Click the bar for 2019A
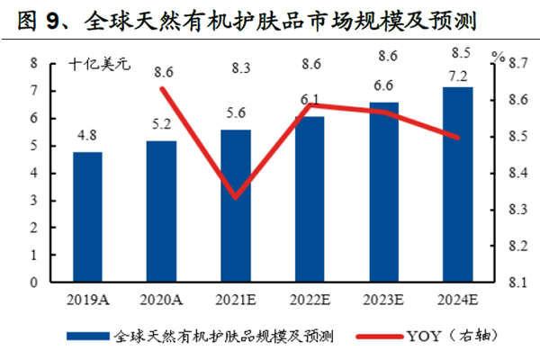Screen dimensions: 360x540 (x=87, y=217)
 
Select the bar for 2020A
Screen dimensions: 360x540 (x=161, y=211)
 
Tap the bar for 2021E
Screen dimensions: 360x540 (x=236, y=206)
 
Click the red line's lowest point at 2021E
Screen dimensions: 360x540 (x=236, y=197)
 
